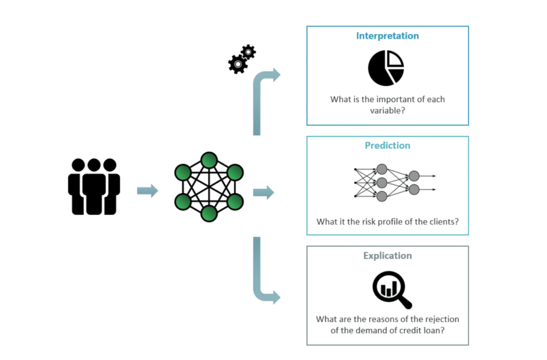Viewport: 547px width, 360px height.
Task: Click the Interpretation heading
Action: click(x=387, y=36)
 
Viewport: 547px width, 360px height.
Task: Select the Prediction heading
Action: click(x=387, y=145)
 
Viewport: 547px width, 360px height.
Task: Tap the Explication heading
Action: click(x=387, y=255)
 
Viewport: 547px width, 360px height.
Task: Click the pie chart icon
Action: click(x=386, y=68)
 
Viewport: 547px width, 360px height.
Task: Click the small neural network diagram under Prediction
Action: click(x=395, y=183)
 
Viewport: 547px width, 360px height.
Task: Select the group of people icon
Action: click(x=94, y=186)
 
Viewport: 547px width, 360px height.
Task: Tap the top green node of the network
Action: click(x=209, y=160)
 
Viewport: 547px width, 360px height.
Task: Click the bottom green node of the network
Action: click(x=209, y=213)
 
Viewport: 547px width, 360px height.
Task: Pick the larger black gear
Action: click(x=237, y=65)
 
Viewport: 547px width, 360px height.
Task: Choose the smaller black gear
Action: click(x=248, y=52)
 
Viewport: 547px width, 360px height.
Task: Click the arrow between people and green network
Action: click(x=147, y=191)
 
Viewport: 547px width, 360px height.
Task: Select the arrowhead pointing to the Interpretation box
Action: click(x=275, y=75)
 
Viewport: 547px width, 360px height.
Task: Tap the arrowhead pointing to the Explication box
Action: click(x=275, y=297)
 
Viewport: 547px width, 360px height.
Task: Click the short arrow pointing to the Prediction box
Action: click(x=263, y=192)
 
